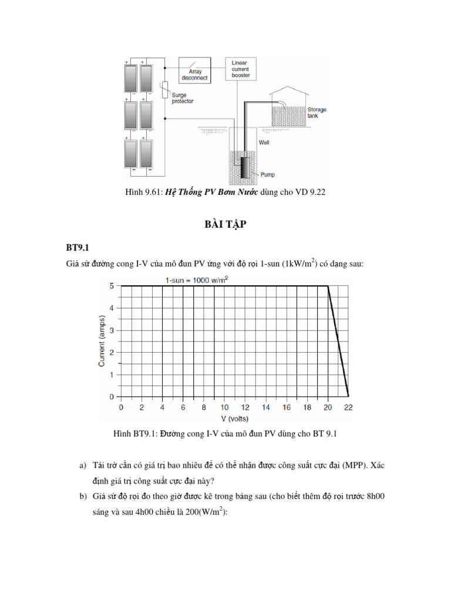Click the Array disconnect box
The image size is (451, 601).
click(x=194, y=71)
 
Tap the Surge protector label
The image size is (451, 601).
click(x=182, y=98)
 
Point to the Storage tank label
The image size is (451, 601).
click(x=317, y=113)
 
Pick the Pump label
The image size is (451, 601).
click(x=267, y=174)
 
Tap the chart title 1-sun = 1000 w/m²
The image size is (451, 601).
click(x=197, y=280)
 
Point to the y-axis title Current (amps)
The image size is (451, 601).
click(x=102, y=340)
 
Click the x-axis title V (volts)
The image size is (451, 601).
click(x=234, y=418)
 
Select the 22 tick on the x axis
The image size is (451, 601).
click(x=349, y=407)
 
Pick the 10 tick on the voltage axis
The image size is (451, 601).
click(x=224, y=407)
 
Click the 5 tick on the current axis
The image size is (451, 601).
click(x=112, y=286)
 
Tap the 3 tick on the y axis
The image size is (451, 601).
click(x=112, y=330)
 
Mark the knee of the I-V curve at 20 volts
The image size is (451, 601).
click(x=328, y=286)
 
